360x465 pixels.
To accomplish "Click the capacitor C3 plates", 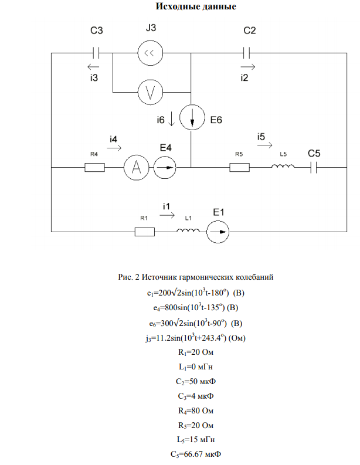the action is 96,53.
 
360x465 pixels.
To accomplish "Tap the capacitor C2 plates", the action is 246,53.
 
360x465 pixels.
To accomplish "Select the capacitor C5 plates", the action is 314,168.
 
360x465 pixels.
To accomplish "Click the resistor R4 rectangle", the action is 94,168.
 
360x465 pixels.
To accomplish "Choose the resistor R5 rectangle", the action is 239,168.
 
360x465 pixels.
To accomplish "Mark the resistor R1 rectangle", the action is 145,232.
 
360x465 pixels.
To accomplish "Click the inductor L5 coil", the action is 283,166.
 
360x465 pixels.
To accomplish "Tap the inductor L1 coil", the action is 188,230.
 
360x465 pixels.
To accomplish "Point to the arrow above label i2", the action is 248,67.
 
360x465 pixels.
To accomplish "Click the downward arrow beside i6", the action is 171,120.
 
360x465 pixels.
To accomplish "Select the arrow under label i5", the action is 265,145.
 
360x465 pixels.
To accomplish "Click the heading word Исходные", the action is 174,6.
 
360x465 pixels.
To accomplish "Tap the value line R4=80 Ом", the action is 196,410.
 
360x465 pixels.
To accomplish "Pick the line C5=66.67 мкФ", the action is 196,454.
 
